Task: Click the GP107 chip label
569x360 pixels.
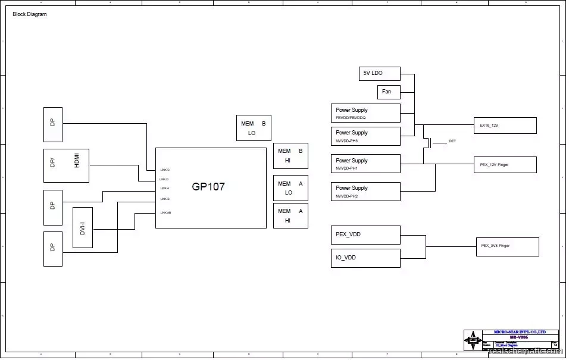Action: (x=208, y=186)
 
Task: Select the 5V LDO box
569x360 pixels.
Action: (x=380, y=73)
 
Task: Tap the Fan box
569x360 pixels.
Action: (x=389, y=92)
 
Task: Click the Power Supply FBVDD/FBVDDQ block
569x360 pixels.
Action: (x=365, y=113)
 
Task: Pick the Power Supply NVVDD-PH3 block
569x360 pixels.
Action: (x=365, y=136)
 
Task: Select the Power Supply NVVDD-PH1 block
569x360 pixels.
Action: (x=365, y=164)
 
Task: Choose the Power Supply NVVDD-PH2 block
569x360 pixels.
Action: (x=365, y=192)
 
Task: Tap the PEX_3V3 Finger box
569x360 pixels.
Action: (x=508, y=246)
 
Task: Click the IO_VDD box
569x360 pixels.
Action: (x=365, y=258)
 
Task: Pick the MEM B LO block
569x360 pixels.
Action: (x=254, y=128)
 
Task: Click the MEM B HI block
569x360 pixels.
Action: (x=290, y=155)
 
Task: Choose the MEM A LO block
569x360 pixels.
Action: (x=290, y=188)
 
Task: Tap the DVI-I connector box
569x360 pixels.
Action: (x=83, y=227)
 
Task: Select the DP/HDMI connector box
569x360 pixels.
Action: (x=66, y=165)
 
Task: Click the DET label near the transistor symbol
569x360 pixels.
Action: (x=452, y=142)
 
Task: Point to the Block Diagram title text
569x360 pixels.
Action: (x=30, y=14)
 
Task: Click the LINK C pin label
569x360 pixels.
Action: (x=165, y=170)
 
